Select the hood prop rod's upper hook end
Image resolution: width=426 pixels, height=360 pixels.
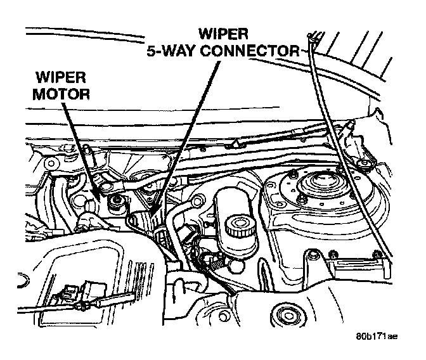pyautogui.click(x=314, y=35)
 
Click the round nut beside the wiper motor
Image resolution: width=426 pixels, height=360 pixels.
pyautogui.click(x=117, y=202)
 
